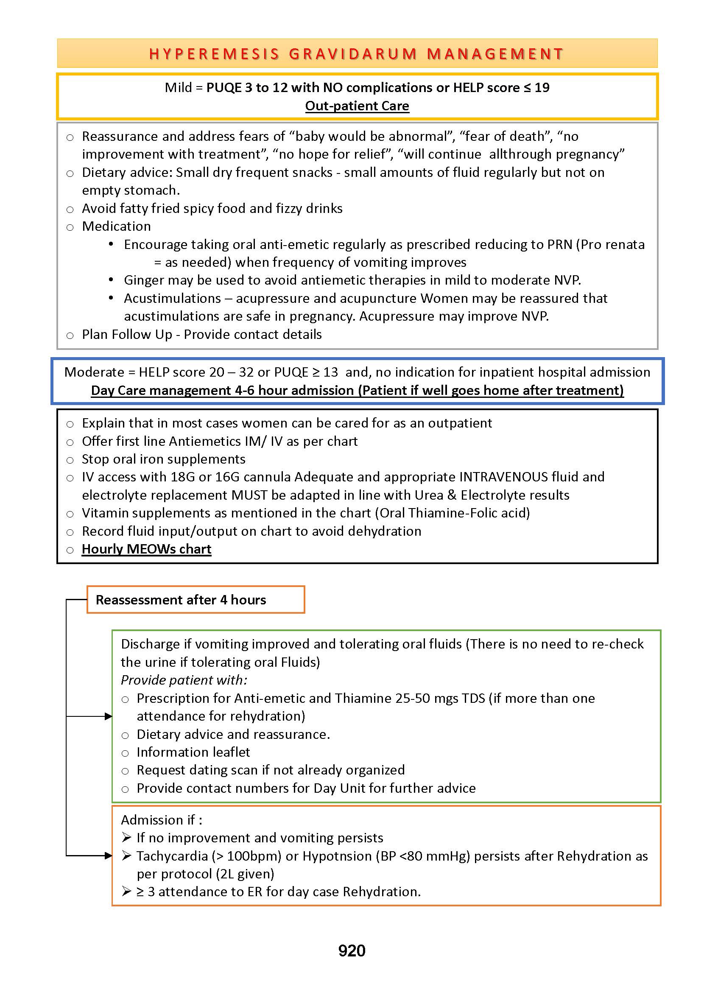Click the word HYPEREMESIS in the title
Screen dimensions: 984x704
click(x=214, y=54)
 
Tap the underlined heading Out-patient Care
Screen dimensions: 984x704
click(x=357, y=106)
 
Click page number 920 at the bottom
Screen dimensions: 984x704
click(x=352, y=950)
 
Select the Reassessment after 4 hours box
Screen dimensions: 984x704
click(x=196, y=599)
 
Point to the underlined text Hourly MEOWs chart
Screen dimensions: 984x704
click(x=146, y=549)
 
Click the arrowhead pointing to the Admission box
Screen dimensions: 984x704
click(x=109, y=855)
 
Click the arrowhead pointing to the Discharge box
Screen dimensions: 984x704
click(x=109, y=716)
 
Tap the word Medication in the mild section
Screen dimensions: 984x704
click(x=116, y=226)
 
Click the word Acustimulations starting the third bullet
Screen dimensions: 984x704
click(x=173, y=298)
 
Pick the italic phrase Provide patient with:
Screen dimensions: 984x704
click(x=184, y=680)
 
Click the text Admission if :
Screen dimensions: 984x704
click(x=162, y=820)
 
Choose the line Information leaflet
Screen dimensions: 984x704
click(x=193, y=752)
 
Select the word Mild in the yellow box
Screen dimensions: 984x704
click(x=178, y=87)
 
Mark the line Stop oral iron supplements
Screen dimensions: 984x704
click(x=163, y=459)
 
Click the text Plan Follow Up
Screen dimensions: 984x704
click(x=127, y=334)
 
